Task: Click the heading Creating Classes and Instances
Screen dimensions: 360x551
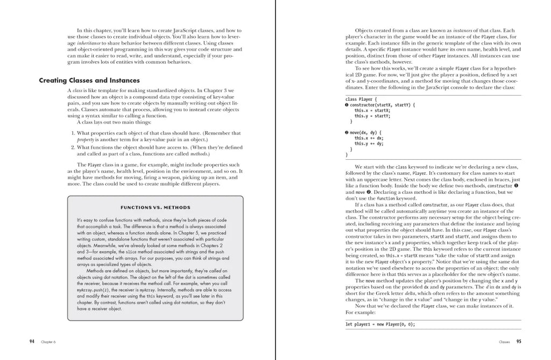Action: pyautogui.click(x=89, y=81)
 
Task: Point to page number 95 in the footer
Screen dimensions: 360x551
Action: pyautogui.click(x=519, y=341)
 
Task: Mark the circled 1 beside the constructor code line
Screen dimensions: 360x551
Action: pyautogui.click(x=347, y=105)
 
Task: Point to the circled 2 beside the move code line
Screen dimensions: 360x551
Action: pyautogui.click(x=347, y=132)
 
